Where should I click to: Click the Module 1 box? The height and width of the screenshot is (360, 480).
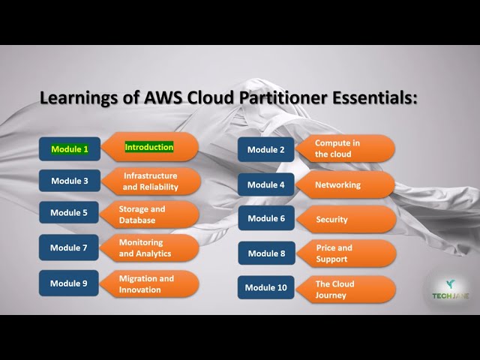click(x=70, y=149)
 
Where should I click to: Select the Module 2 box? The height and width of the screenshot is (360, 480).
click(x=266, y=149)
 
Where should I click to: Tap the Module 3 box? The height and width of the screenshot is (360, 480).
click(x=70, y=181)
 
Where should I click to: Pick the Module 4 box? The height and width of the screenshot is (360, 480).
click(x=266, y=184)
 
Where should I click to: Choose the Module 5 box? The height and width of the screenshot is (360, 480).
click(x=70, y=213)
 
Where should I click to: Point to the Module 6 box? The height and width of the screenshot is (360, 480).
click(x=266, y=218)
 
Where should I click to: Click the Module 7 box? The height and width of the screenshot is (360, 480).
click(x=70, y=247)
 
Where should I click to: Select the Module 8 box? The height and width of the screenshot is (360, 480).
click(x=266, y=253)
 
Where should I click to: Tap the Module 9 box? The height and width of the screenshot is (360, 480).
click(x=70, y=283)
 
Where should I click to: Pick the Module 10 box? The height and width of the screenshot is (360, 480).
click(x=265, y=287)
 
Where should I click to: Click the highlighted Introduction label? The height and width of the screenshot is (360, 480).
click(x=149, y=147)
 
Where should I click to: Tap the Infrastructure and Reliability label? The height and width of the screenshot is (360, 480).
click(x=151, y=181)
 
